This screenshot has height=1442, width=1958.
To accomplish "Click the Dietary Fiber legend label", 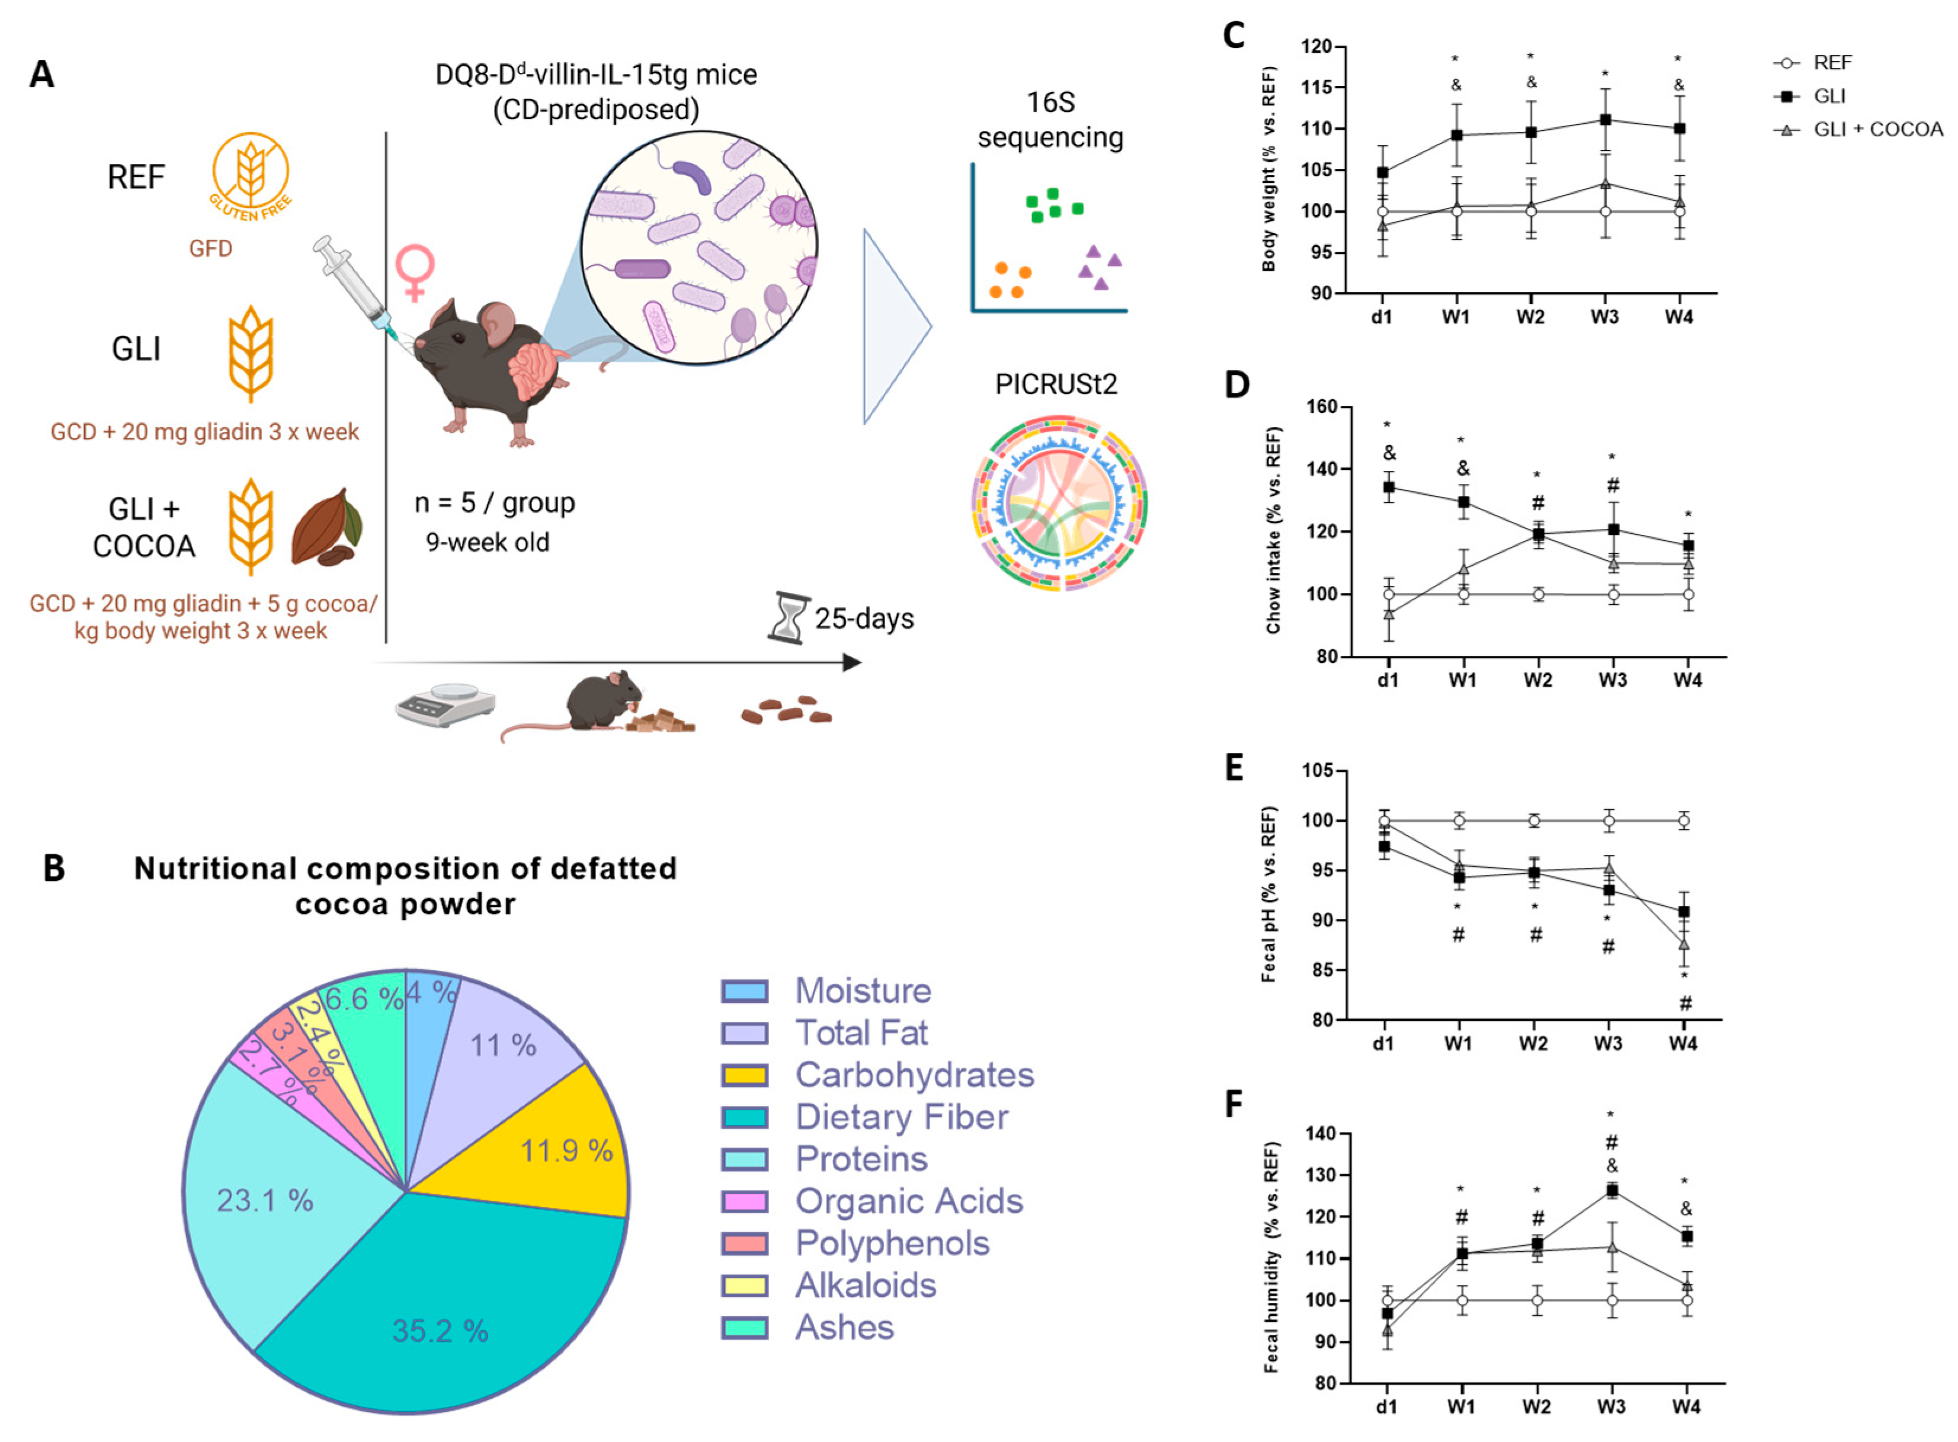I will pyautogui.click(x=901, y=1117).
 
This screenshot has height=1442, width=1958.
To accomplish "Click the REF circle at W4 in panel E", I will pyautogui.click(x=1683, y=821).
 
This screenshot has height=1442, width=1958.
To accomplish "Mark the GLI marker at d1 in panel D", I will pyautogui.click(x=1389, y=487).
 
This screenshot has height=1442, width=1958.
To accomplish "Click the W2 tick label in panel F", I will pyautogui.click(x=1536, y=1407).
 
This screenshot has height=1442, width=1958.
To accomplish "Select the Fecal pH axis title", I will pyautogui.click(x=1268, y=894).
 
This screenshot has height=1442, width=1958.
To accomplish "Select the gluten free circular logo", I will pyautogui.click(x=251, y=175).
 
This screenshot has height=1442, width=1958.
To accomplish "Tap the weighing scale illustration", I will pyautogui.click(x=445, y=704).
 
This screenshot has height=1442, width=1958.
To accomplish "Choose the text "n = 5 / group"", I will pyautogui.click(x=494, y=503).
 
